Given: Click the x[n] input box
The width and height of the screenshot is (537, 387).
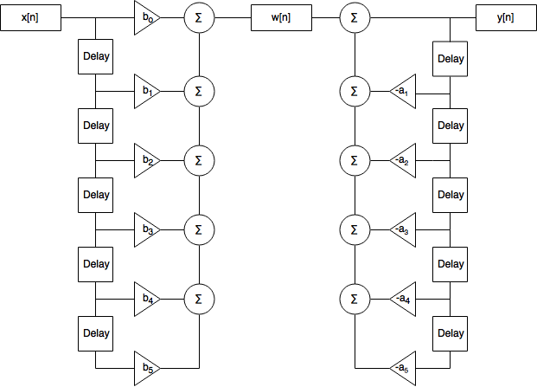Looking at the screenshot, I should (30, 17).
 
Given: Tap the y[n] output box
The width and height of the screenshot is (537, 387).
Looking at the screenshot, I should (506, 17).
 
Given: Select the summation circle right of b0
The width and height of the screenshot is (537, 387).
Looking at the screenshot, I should (199, 17).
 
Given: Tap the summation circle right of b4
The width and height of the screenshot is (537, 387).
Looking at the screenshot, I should (199, 299).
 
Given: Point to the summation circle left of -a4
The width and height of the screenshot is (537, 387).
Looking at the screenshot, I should (354, 299).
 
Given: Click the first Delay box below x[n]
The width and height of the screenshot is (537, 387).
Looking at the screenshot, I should (96, 56).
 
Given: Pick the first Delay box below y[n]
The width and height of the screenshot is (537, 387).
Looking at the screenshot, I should (451, 58).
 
